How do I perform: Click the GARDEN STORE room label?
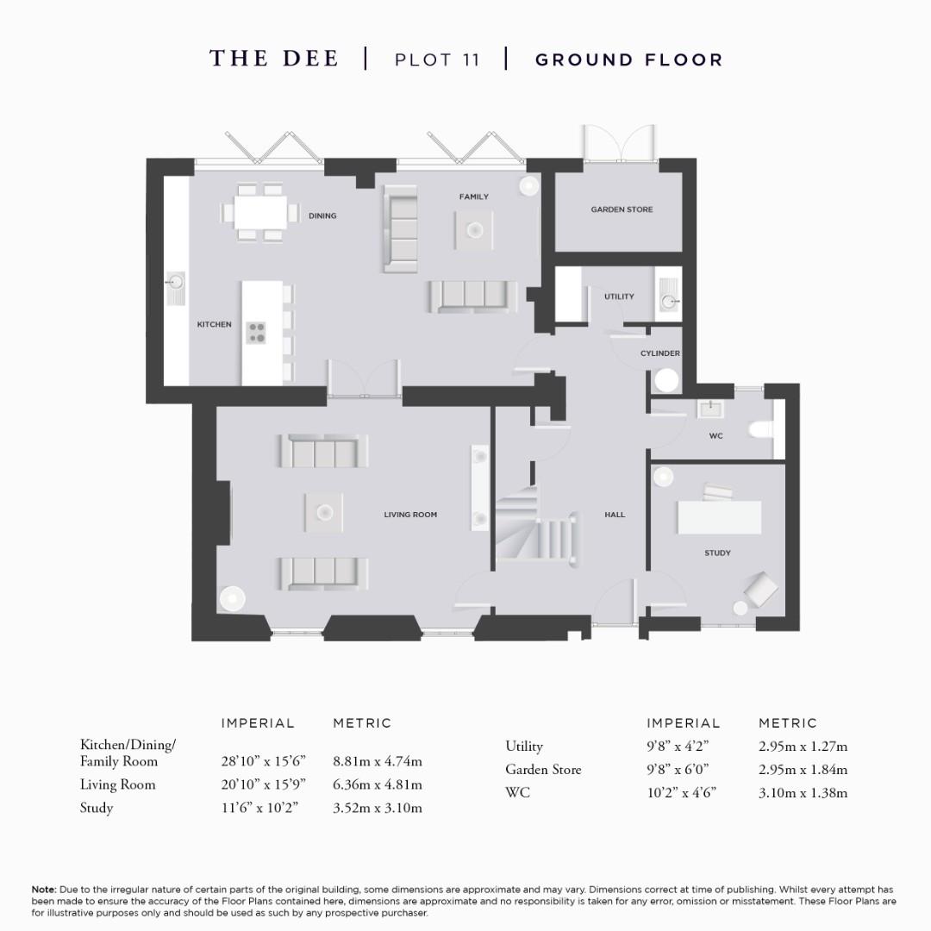pyautogui.click(x=622, y=209)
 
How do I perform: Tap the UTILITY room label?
pyautogui.click(x=619, y=297)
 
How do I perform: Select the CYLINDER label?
pyautogui.click(x=660, y=353)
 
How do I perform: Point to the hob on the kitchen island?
pyautogui.click(x=257, y=332)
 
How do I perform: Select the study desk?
pyautogui.click(x=720, y=517)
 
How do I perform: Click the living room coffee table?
pyautogui.click(x=323, y=513)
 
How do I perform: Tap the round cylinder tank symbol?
pyautogui.click(x=666, y=380)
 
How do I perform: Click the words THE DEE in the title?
pyautogui.click(x=274, y=59)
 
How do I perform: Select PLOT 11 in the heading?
pyautogui.click(x=436, y=59)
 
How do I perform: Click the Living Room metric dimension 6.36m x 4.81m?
pyautogui.click(x=378, y=784)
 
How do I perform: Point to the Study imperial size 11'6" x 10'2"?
pyautogui.click(x=259, y=808)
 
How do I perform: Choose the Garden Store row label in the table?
pyautogui.click(x=543, y=769)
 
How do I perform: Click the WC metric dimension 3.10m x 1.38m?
pyautogui.click(x=803, y=792)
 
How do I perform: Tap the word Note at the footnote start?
pyautogui.click(x=43, y=889)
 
